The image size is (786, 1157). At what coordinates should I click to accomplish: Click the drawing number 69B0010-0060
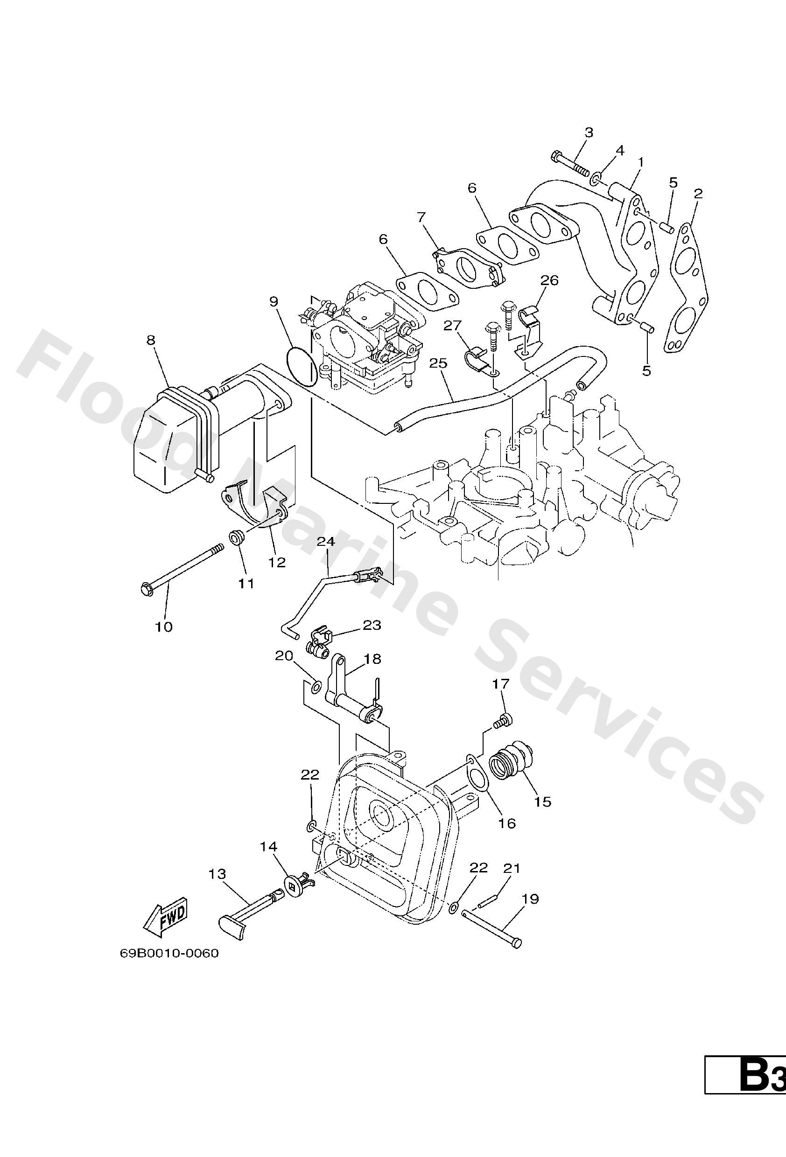click(169, 954)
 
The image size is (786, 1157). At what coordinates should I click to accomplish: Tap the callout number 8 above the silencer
click(151, 340)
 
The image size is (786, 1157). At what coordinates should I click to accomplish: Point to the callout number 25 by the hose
click(438, 363)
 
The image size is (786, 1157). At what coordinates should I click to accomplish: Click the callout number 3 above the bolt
click(589, 132)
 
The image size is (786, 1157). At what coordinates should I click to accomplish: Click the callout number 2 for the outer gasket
click(698, 194)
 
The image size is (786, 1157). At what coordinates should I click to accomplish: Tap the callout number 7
click(421, 217)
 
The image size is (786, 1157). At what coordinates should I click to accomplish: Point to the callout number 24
click(326, 541)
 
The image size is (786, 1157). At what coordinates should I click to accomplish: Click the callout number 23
click(372, 625)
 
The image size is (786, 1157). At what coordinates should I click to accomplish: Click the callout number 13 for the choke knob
click(218, 874)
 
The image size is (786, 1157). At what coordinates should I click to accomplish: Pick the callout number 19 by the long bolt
click(531, 899)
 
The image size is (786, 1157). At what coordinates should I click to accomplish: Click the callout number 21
click(512, 868)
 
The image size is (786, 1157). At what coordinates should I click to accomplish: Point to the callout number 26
click(549, 280)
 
